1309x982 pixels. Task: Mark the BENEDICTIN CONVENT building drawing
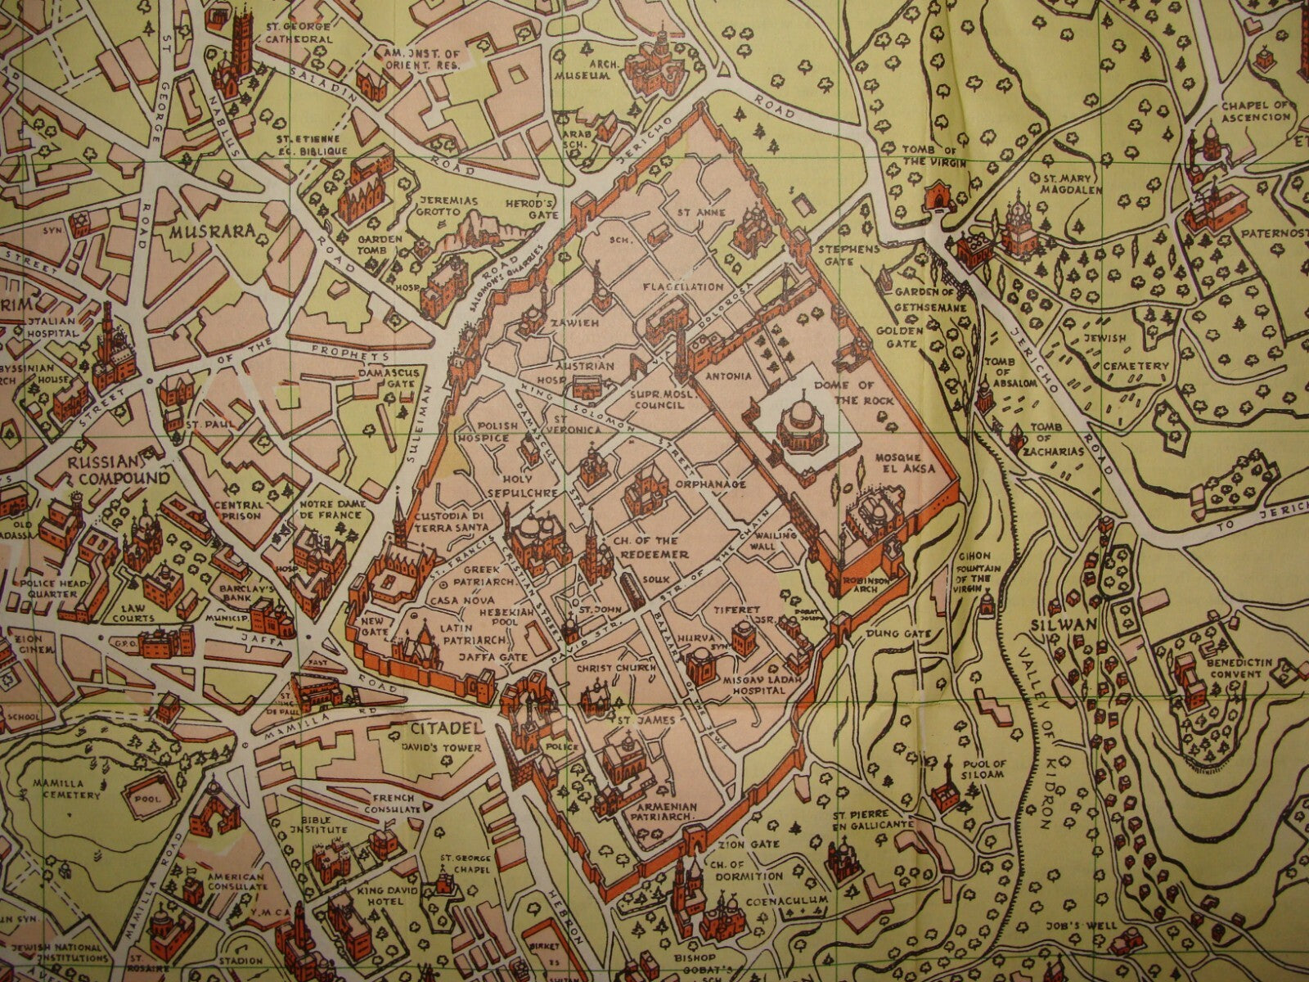coord(1185,679)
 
